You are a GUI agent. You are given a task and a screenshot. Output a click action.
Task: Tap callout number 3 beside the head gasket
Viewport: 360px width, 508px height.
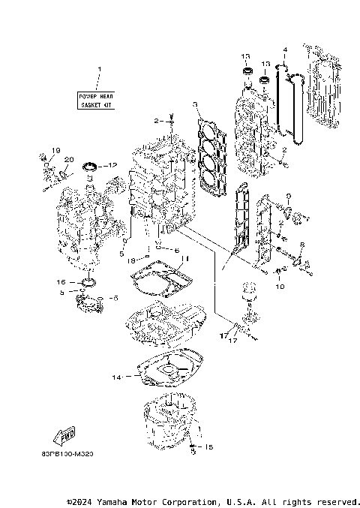(194, 104)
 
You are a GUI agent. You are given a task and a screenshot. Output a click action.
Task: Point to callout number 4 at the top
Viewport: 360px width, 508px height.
(285, 50)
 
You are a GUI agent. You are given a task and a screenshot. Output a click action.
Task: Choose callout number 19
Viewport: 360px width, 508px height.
(55, 152)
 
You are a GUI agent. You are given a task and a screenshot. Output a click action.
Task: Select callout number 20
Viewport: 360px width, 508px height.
(68, 160)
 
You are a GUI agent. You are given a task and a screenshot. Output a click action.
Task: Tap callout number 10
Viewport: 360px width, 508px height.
(281, 286)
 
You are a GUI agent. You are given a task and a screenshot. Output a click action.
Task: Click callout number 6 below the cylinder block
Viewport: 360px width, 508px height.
(177, 250)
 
